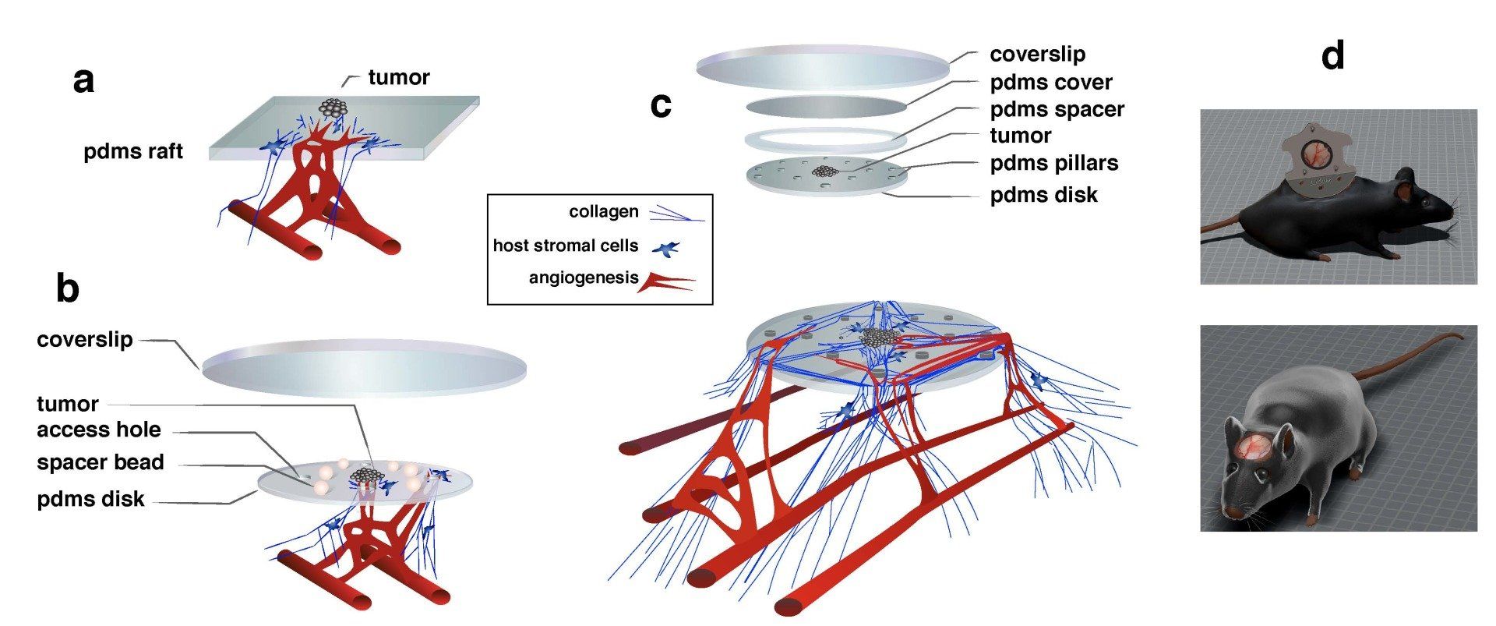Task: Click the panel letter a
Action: [83, 80]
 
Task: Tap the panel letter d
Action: [1332, 56]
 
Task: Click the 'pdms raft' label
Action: [132, 151]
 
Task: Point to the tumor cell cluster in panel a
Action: [333, 108]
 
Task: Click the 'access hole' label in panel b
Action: [98, 430]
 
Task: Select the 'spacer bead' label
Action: [100, 462]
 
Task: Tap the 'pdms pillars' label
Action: [1053, 163]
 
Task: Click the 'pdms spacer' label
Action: [1057, 109]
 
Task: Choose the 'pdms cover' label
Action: [1050, 82]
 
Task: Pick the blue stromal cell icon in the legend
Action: [666, 249]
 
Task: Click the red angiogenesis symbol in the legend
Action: [666, 281]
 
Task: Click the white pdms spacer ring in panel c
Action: [825, 140]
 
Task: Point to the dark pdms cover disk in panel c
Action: [826, 107]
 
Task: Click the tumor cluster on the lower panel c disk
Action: [879, 337]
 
